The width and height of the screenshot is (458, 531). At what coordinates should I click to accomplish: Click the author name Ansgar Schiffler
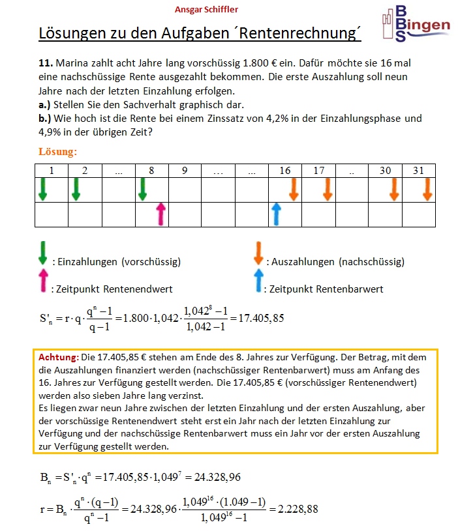(x=207, y=9)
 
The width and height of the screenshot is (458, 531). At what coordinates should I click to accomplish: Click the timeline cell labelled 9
(x=185, y=171)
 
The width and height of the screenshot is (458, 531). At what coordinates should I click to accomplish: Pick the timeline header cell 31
(x=418, y=171)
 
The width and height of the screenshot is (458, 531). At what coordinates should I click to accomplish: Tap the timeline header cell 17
(x=318, y=171)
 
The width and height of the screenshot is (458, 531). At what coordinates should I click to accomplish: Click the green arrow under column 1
(x=43, y=189)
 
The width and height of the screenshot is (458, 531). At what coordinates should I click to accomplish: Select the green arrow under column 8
(x=143, y=189)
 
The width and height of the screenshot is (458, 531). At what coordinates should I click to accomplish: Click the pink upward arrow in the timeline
(x=160, y=214)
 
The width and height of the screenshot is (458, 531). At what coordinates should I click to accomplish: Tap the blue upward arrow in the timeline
(x=276, y=214)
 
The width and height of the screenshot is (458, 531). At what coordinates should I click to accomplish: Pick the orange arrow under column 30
(x=394, y=189)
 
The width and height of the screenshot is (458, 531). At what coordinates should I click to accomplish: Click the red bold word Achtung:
(x=59, y=358)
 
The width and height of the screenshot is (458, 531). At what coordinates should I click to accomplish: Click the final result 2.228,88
(x=294, y=509)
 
